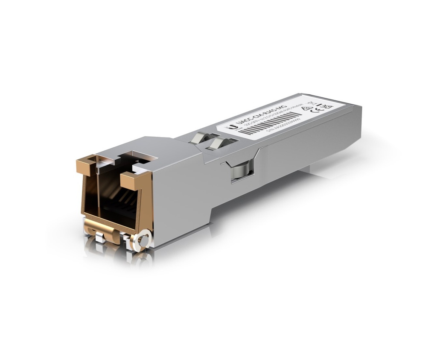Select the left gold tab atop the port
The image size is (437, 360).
coord(87,164)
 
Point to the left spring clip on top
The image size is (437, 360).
coord(198,138)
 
